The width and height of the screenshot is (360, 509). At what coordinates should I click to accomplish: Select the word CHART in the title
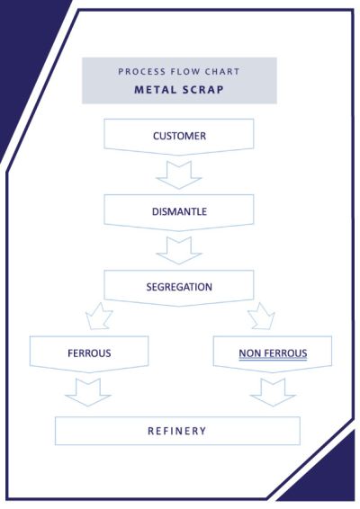222,71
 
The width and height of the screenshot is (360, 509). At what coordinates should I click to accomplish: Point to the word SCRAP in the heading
203,90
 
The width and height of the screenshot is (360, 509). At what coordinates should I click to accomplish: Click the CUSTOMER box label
179,136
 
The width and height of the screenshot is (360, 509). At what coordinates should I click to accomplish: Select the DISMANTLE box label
179,211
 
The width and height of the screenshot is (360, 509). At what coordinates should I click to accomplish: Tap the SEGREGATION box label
179,287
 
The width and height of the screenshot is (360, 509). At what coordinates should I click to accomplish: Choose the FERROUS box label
89,353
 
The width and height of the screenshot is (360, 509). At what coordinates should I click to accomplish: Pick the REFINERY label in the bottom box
177,431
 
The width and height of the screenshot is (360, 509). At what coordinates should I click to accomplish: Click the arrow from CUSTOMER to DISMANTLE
179,175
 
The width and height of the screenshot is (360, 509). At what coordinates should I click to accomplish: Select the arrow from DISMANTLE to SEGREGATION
179,251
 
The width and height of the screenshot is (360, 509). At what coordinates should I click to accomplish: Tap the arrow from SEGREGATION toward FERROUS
99,317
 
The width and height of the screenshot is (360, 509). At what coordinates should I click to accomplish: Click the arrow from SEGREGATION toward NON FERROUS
262,317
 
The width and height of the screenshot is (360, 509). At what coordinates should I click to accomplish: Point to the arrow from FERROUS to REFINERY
88,392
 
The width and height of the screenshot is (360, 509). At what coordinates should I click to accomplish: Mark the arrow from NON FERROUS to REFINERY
273,392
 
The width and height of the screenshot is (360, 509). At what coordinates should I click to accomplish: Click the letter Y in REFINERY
203,431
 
